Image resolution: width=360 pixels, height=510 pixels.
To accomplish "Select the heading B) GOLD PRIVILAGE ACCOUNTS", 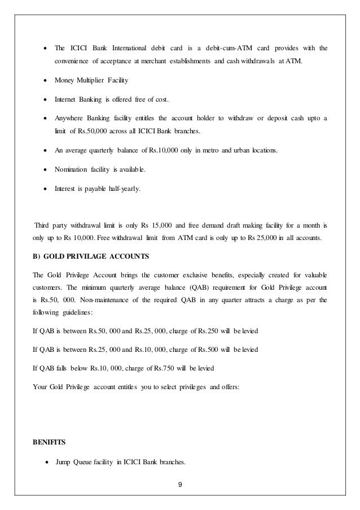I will tap(90, 256).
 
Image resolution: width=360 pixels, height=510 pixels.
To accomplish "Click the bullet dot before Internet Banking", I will tap(45, 100).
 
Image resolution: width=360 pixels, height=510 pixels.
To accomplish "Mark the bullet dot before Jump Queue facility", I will tap(45, 464).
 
